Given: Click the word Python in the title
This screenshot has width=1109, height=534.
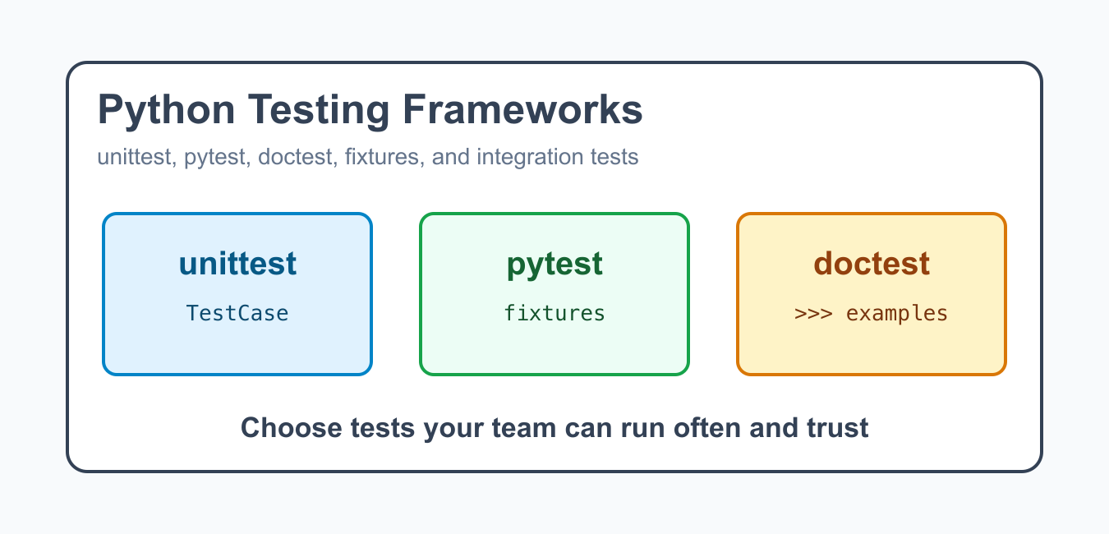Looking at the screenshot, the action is (166, 111).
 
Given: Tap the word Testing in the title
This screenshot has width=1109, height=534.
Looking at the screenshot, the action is (319, 111).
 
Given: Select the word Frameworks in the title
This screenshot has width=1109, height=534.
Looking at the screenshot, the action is (522, 109).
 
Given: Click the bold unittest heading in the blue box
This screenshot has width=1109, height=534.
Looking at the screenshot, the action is (237, 263).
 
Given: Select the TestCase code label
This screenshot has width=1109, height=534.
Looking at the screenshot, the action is (237, 313).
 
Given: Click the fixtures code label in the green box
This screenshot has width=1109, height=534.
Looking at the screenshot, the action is (554, 313).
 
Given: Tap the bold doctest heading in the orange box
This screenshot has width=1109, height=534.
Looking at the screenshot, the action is (872, 263).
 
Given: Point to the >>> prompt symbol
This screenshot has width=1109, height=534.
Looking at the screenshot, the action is (813, 314).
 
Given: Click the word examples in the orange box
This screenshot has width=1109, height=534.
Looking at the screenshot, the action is (896, 314).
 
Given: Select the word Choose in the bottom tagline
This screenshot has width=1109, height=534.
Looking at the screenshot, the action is (291, 427).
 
